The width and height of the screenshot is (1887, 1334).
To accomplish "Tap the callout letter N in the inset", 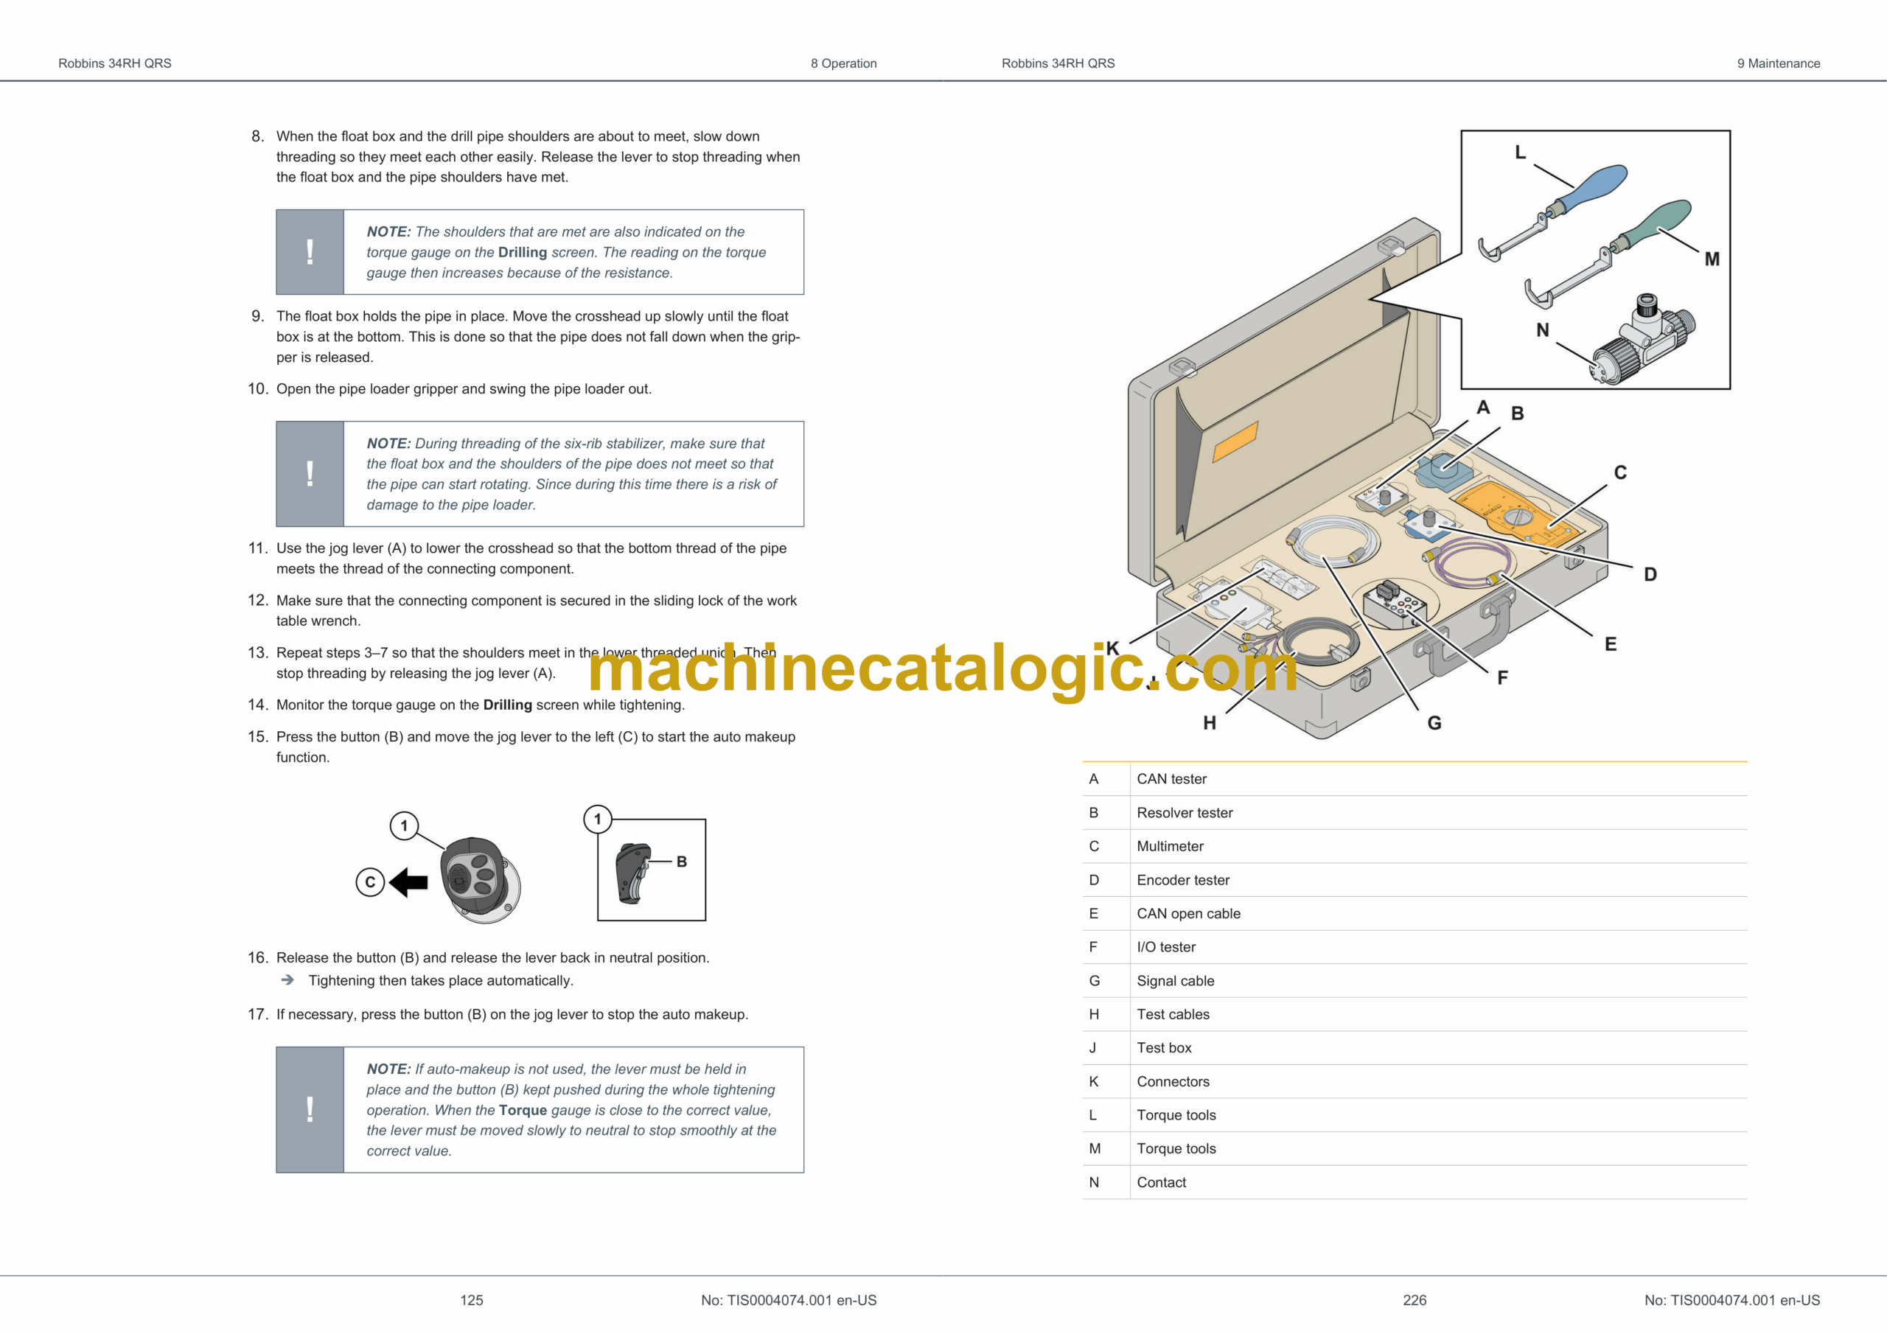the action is [1543, 330].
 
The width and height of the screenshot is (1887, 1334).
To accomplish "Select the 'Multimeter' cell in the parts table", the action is [1170, 847].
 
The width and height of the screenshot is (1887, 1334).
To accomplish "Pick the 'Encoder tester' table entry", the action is [1182, 880].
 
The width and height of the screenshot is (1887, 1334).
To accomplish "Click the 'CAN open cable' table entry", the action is [1188, 914].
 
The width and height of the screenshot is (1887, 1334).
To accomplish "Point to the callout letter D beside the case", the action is [1650, 575].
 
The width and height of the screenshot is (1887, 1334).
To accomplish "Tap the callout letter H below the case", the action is [1209, 723].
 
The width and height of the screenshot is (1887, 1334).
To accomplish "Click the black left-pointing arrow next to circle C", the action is [408, 883].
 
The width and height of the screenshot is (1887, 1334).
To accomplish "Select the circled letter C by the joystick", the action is [370, 882].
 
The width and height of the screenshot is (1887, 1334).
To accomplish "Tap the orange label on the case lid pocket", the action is [1235, 442].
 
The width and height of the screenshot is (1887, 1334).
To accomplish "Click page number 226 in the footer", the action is [1415, 1300].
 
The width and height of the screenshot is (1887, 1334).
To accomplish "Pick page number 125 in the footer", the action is [472, 1300].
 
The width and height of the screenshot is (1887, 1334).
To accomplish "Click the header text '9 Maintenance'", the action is [1779, 63].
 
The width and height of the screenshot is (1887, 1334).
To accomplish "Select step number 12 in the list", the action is [257, 601].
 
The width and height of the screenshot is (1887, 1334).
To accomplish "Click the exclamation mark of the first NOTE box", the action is [310, 251].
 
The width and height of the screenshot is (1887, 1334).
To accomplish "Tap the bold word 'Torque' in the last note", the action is [523, 1111].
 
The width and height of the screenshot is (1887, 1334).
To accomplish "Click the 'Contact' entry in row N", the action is [1161, 1183].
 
